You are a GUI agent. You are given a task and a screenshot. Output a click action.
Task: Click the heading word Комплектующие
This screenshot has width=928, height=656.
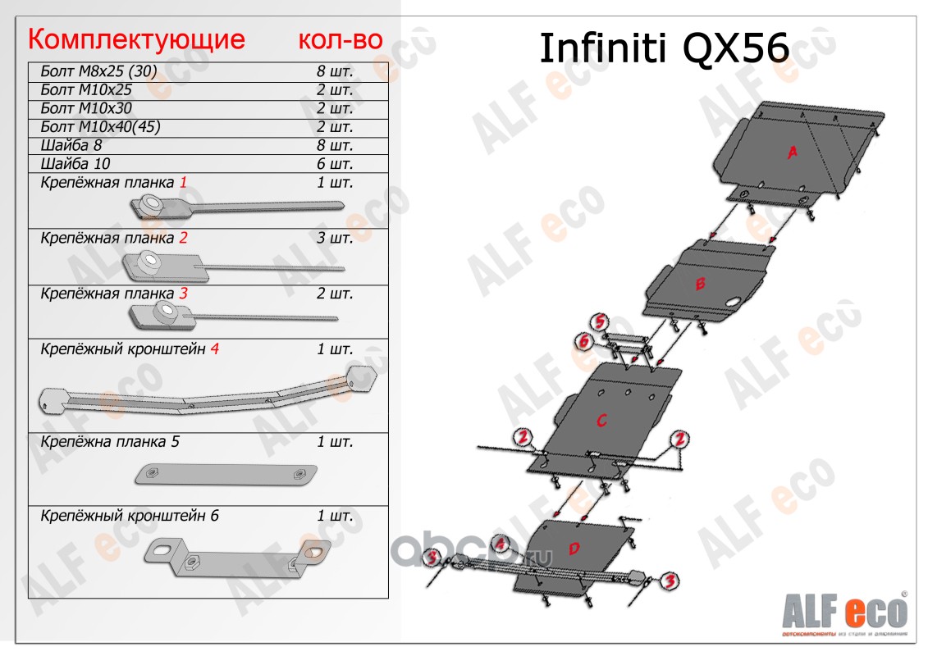click(x=136, y=39)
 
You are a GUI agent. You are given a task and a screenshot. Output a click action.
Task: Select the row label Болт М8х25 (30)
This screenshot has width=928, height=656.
click(x=98, y=71)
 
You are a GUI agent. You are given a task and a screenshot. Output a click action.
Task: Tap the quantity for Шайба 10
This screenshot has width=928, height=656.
click(x=335, y=163)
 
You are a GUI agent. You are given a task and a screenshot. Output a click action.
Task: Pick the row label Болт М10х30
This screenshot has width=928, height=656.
click(x=86, y=107)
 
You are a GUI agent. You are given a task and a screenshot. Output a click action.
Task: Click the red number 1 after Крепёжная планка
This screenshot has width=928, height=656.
click(x=184, y=182)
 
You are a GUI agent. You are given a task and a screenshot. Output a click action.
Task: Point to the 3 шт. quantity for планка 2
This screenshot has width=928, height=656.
click(x=335, y=239)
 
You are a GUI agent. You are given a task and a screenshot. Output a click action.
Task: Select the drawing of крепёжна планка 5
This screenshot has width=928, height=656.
click(x=225, y=475)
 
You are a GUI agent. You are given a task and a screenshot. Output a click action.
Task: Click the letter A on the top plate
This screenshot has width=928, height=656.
click(x=793, y=153)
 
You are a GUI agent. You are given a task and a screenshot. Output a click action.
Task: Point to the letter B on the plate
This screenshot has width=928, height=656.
click(x=700, y=285)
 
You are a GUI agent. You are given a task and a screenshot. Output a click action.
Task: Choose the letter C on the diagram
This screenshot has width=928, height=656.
click(x=601, y=421)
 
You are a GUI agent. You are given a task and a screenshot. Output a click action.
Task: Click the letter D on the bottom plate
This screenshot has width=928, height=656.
click(x=574, y=548)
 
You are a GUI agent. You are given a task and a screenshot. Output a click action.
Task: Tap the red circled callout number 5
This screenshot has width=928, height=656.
click(x=601, y=322)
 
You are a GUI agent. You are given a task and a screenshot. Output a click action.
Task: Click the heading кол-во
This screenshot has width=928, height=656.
click(x=340, y=39)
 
